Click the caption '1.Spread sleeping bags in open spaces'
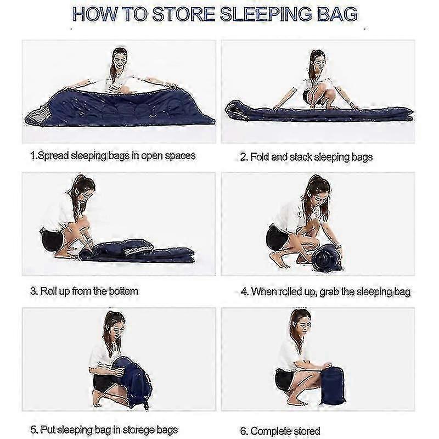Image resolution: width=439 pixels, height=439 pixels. [x=113, y=156]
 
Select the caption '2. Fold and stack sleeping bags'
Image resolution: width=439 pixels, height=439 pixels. [x=306, y=157]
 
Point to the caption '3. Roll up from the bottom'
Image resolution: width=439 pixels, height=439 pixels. [x=85, y=291]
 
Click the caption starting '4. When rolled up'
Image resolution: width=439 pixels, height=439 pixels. [x=325, y=292]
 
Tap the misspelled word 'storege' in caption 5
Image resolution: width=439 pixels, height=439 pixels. [x=139, y=430]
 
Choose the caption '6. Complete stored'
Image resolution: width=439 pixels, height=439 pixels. [x=280, y=431]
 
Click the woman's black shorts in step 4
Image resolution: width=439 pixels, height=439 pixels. [x=277, y=238]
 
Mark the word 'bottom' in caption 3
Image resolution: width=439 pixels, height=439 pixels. [x=123, y=291]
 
